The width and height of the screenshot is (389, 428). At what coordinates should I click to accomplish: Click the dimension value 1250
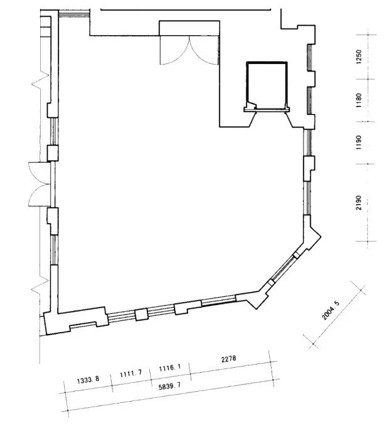click(x=359, y=57)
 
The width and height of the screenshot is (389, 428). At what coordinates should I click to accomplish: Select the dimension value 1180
click(x=359, y=100)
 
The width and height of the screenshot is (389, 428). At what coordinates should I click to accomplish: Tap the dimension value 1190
click(x=359, y=142)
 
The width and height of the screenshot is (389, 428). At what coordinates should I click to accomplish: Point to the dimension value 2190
click(x=359, y=202)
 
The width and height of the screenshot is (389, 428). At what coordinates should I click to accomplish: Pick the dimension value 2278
click(x=229, y=358)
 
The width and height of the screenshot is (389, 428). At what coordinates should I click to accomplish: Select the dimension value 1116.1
click(x=170, y=368)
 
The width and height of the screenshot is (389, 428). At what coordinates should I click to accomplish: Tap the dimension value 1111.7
click(x=131, y=373)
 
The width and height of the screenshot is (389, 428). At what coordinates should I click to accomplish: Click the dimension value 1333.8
click(x=88, y=380)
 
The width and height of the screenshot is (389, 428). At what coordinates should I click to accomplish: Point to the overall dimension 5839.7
click(x=169, y=386)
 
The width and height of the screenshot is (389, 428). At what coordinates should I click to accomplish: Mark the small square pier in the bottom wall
click(x=141, y=315)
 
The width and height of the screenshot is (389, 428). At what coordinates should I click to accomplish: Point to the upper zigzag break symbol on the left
click(x=40, y=81)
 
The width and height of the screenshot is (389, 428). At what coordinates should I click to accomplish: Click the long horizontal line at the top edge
click(x=186, y=10)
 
